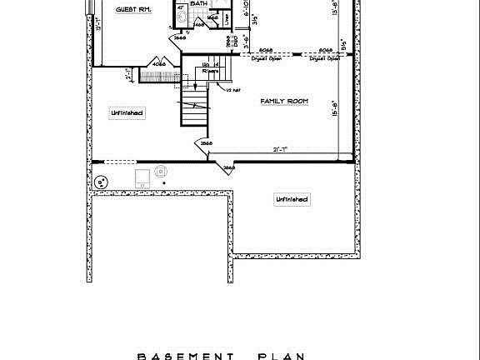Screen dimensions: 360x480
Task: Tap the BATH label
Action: [199, 4]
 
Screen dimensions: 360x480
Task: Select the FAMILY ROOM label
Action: [284, 101]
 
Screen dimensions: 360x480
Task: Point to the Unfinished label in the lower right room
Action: [292, 199]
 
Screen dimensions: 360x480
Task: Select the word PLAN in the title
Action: [281, 356]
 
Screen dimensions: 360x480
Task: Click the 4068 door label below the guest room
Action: [158, 64]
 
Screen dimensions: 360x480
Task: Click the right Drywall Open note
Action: [324, 59]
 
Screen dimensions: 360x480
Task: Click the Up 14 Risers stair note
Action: [211, 67]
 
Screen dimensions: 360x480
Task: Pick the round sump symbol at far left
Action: [102, 181]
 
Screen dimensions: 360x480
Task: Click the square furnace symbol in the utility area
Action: [142, 178]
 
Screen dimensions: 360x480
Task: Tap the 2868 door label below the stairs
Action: [207, 143]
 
